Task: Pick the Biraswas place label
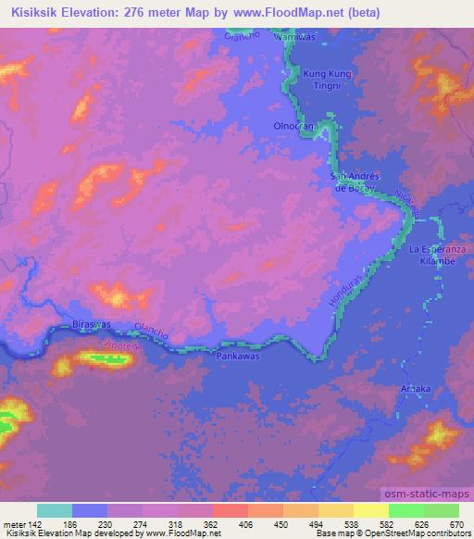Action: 91,326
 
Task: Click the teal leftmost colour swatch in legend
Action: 55,511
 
